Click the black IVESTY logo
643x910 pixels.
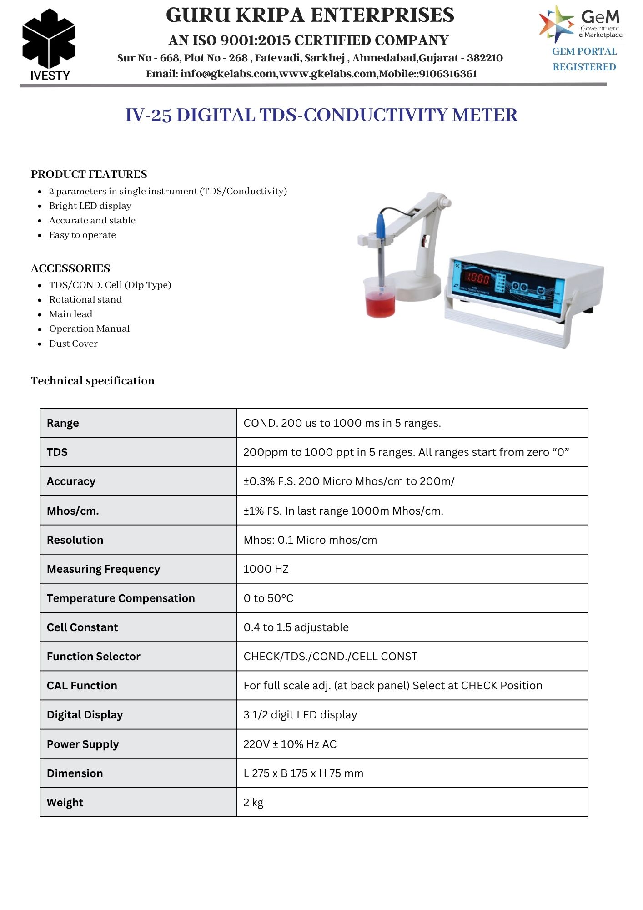pyautogui.click(x=49, y=41)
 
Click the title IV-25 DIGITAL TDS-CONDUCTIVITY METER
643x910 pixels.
pyautogui.click(x=321, y=115)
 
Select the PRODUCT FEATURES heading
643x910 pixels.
pyautogui.click(x=89, y=174)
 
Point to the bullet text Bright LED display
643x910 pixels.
pyautogui.click(x=90, y=206)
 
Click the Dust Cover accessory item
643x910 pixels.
pyautogui.click(x=73, y=344)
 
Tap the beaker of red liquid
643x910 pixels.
pyautogui.click(x=380, y=298)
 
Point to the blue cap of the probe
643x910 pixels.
pyautogui.click(x=380, y=224)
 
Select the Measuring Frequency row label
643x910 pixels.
pyautogui.click(x=103, y=569)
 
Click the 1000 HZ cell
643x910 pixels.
pyautogui.click(x=266, y=569)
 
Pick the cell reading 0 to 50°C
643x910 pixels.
pyautogui.click(x=268, y=598)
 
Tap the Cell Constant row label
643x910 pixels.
pyautogui.click(x=82, y=627)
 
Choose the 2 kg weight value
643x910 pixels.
pyautogui.click(x=253, y=803)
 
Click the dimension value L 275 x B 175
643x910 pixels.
pyautogui.click(x=303, y=773)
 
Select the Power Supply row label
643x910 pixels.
pyautogui.click(x=83, y=744)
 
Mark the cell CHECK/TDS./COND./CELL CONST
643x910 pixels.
pyautogui.click(x=330, y=657)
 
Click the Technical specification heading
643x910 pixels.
pyautogui.click(x=93, y=381)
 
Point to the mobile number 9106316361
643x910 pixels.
pyautogui.click(x=448, y=74)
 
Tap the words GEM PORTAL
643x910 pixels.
pyautogui.click(x=584, y=51)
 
